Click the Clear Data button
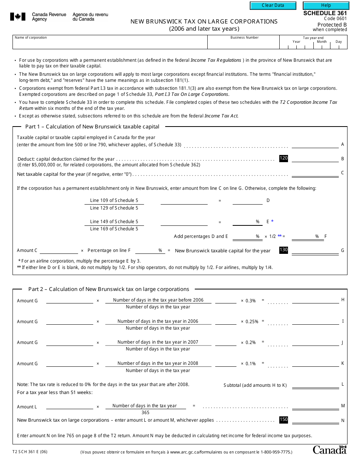point(273,5)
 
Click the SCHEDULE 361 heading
point(325,13)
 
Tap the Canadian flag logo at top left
point(17,17)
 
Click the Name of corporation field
point(110,44)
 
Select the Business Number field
point(244,44)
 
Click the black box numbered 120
point(283,158)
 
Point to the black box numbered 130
point(283,250)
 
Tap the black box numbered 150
point(283,419)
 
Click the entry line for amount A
point(315,144)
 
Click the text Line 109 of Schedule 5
point(114,200)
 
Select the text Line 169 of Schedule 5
point(114,229)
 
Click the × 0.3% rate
point(248,301)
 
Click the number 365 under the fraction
point(145,413)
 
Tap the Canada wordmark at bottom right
point(330,450)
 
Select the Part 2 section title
point(108,289)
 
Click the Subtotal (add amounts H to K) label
point(255,385)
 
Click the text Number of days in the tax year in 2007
point(158,342)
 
